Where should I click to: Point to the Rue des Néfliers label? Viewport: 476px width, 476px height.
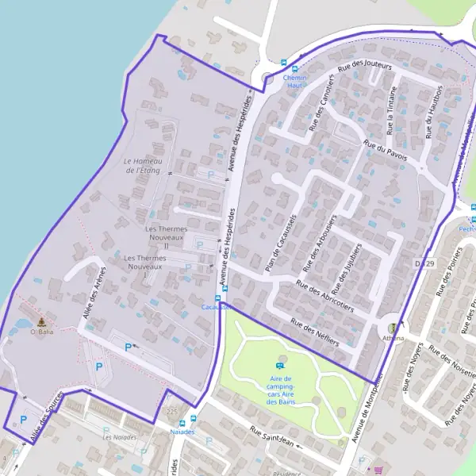pyautogui.click(x=314, y=332)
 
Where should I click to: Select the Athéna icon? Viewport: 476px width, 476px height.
pyautogui.click(x=392, y=328)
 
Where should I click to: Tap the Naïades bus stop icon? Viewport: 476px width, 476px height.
pyautogui.click(x=182, y=423)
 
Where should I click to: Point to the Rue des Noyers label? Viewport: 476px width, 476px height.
pyautogui.click(x=424, y=375)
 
